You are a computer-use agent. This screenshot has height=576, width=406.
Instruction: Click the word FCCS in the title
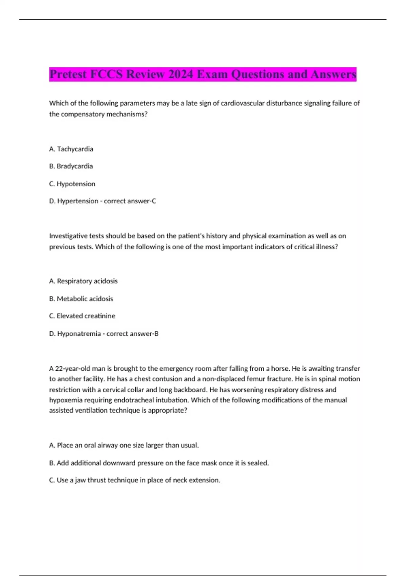point(106,74)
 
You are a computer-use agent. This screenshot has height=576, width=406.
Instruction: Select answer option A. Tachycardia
point(71,149)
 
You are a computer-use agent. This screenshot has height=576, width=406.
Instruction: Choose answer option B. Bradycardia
point(71,166)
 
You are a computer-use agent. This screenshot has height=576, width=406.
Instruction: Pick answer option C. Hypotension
point(72,184)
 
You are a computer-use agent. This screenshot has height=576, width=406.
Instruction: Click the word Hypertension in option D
point(77,201)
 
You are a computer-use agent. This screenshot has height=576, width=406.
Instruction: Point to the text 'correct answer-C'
point(130,201)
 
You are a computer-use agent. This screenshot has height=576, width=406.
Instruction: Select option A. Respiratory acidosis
point(83,281)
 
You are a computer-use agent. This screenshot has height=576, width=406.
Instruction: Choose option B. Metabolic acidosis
point(81,299)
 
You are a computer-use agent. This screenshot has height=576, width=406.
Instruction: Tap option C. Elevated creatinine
point(82,316)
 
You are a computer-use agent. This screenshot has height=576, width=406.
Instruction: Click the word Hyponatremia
point(79,334)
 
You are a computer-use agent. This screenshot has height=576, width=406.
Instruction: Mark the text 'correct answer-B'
point(132,334)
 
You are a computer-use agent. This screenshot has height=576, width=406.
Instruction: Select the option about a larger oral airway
point(124,446)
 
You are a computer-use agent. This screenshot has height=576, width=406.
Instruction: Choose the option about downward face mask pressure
point(159,463)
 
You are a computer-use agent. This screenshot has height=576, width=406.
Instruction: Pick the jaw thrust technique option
point(135,480)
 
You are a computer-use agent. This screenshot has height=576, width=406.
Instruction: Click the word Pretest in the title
point(68,74)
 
